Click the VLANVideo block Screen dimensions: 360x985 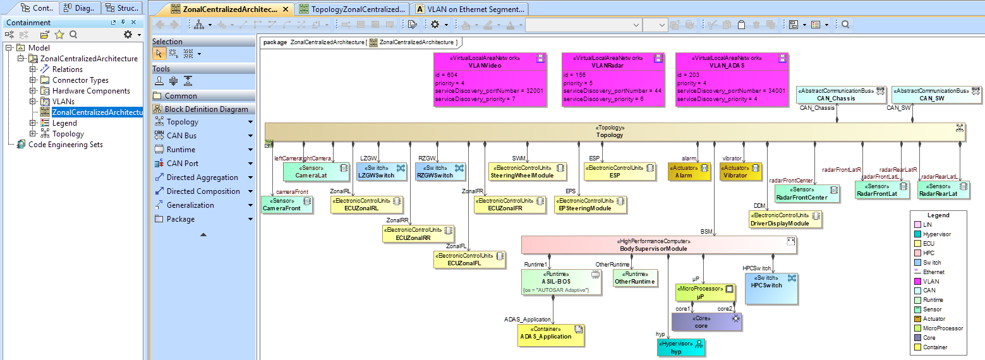(489, 80)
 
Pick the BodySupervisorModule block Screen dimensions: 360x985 (658, 245)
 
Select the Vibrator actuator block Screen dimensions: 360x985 (740, 172)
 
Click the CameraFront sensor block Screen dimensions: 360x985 (287, 205)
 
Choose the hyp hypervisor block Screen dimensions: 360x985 (681, 348)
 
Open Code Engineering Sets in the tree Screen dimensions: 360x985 (65, 145)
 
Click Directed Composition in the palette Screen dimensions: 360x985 (203, 191)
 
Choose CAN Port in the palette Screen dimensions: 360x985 (182, 164)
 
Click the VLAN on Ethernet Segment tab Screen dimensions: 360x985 (476, 9)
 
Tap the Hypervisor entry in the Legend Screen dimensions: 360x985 (936, 234)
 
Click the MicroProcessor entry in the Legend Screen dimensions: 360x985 (943, 328)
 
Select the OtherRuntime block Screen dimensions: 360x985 (635, 278)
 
